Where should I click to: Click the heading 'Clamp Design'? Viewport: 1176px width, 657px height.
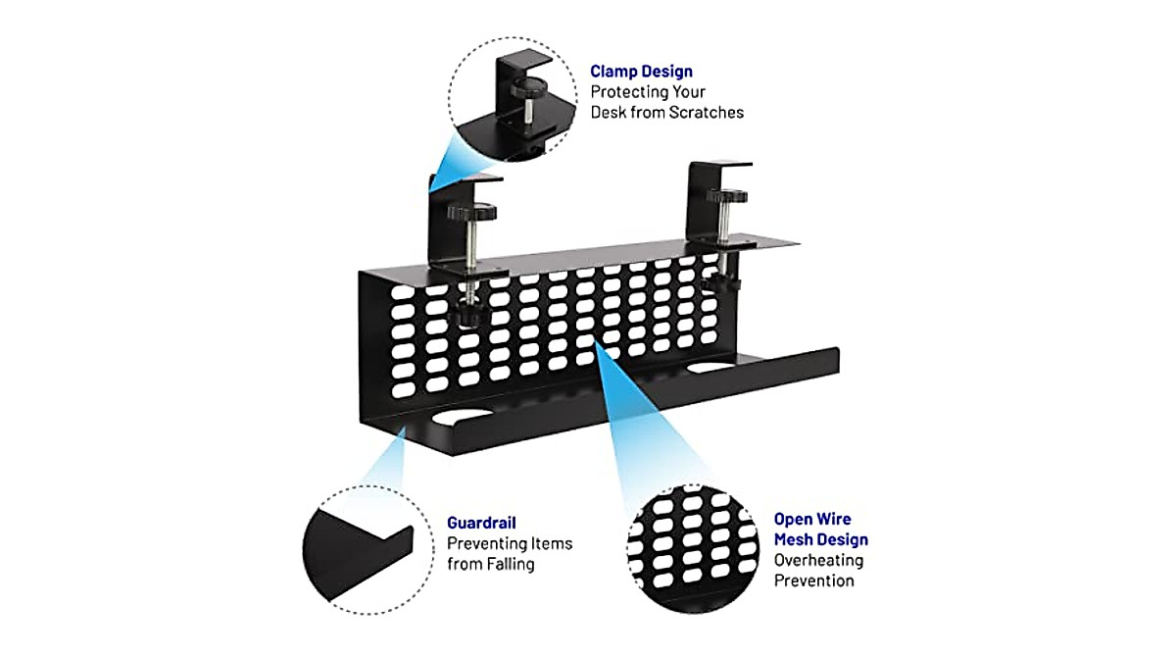(641, 71)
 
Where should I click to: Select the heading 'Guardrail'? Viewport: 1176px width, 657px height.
(481, 523)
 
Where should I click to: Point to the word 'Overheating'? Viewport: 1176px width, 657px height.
(818, 560)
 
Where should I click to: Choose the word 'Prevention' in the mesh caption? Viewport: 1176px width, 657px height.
(813, 581)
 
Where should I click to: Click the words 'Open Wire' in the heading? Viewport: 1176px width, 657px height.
(812, 519)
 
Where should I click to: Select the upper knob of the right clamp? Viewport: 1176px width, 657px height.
(725, 196)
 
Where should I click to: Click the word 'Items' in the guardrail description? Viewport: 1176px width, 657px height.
(552, 543)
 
